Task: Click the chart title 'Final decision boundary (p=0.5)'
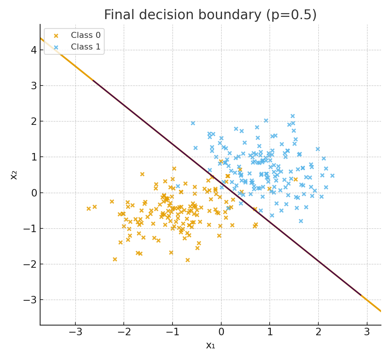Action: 210,15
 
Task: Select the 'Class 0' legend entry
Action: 85,35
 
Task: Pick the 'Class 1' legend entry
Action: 85,47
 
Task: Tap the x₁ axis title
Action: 210,345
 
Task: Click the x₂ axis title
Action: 14,175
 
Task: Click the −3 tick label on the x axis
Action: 75,332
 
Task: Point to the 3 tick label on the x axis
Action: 367,332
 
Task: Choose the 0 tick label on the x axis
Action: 221,332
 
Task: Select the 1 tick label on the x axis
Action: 270,332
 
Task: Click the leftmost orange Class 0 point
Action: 88,208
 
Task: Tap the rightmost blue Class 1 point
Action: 332,175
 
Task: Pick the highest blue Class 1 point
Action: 292,116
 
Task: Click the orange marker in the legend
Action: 56,36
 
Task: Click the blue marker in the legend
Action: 56,47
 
